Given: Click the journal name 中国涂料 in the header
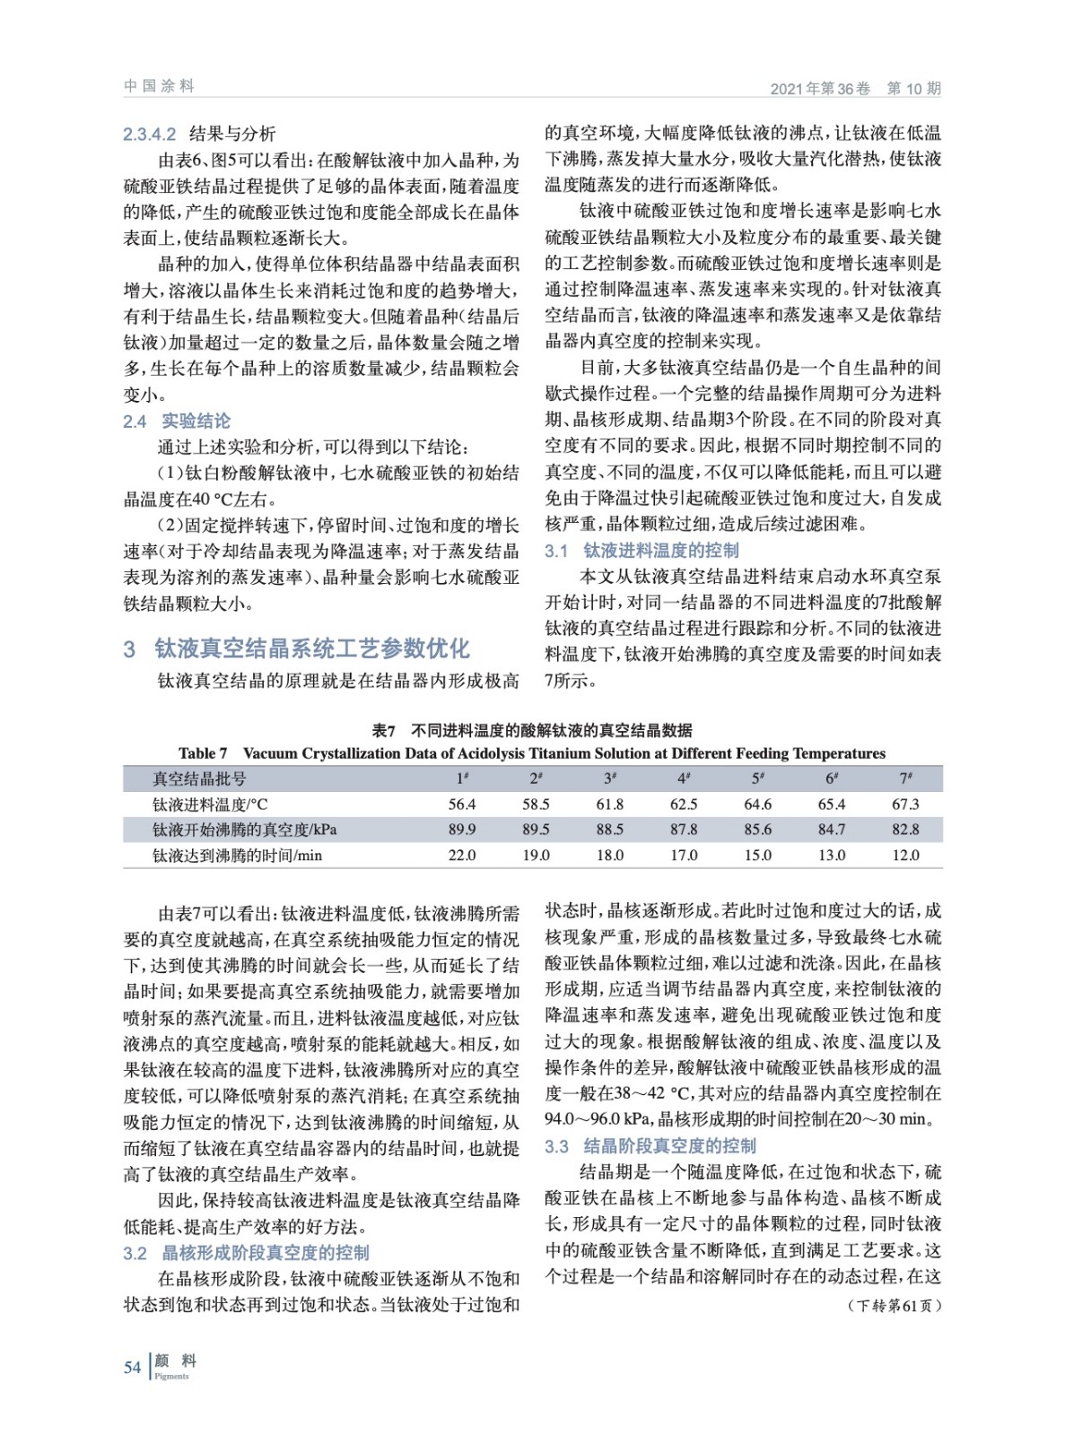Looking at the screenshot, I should pyautogui.click(x=159, y=86).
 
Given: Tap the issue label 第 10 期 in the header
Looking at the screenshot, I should pyautogui.click(x=913, y=88).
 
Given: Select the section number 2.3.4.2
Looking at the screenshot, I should pyautogui.click(x=150, y=135).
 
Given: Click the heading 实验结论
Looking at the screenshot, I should pyautogui.click(x=196, y=421).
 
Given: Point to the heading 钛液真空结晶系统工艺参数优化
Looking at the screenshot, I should pyautogui.click(x=312, y=648).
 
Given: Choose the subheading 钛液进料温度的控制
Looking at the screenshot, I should pyautogui.click(x=661, y=551).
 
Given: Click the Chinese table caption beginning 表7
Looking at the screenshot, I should pyautogui.click(x=532, y=730).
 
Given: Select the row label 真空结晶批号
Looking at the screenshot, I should pyautogui.click(x=199, y=778).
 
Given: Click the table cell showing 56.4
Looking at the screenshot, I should pyautogui.click(x=462, y=804).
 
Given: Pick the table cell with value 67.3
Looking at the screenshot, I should pyautogui.click(x=905, y=804).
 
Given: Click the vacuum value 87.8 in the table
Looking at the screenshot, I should pyautogui.click(x=684, y=830).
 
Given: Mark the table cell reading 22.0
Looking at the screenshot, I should pyautogui.click(x=462, y=856).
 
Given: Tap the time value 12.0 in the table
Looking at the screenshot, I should pyautogui.click(x=905, y=856).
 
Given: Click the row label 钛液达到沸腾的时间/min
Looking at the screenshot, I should pyautogui.click(x=237, y=856).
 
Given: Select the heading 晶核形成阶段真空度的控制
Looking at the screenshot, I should pyautogui.click(x=265, y=1253).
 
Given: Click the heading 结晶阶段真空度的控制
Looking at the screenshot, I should pyautogui.click(x=670, y=1146).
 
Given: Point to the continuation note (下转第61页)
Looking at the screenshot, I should pyautogui.click(x=894, y=1306).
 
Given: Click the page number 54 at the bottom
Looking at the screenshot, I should pyautogui.click(x=133, y=1367).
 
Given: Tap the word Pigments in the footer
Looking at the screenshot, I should pyautogui.click(x=171, y=1377).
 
